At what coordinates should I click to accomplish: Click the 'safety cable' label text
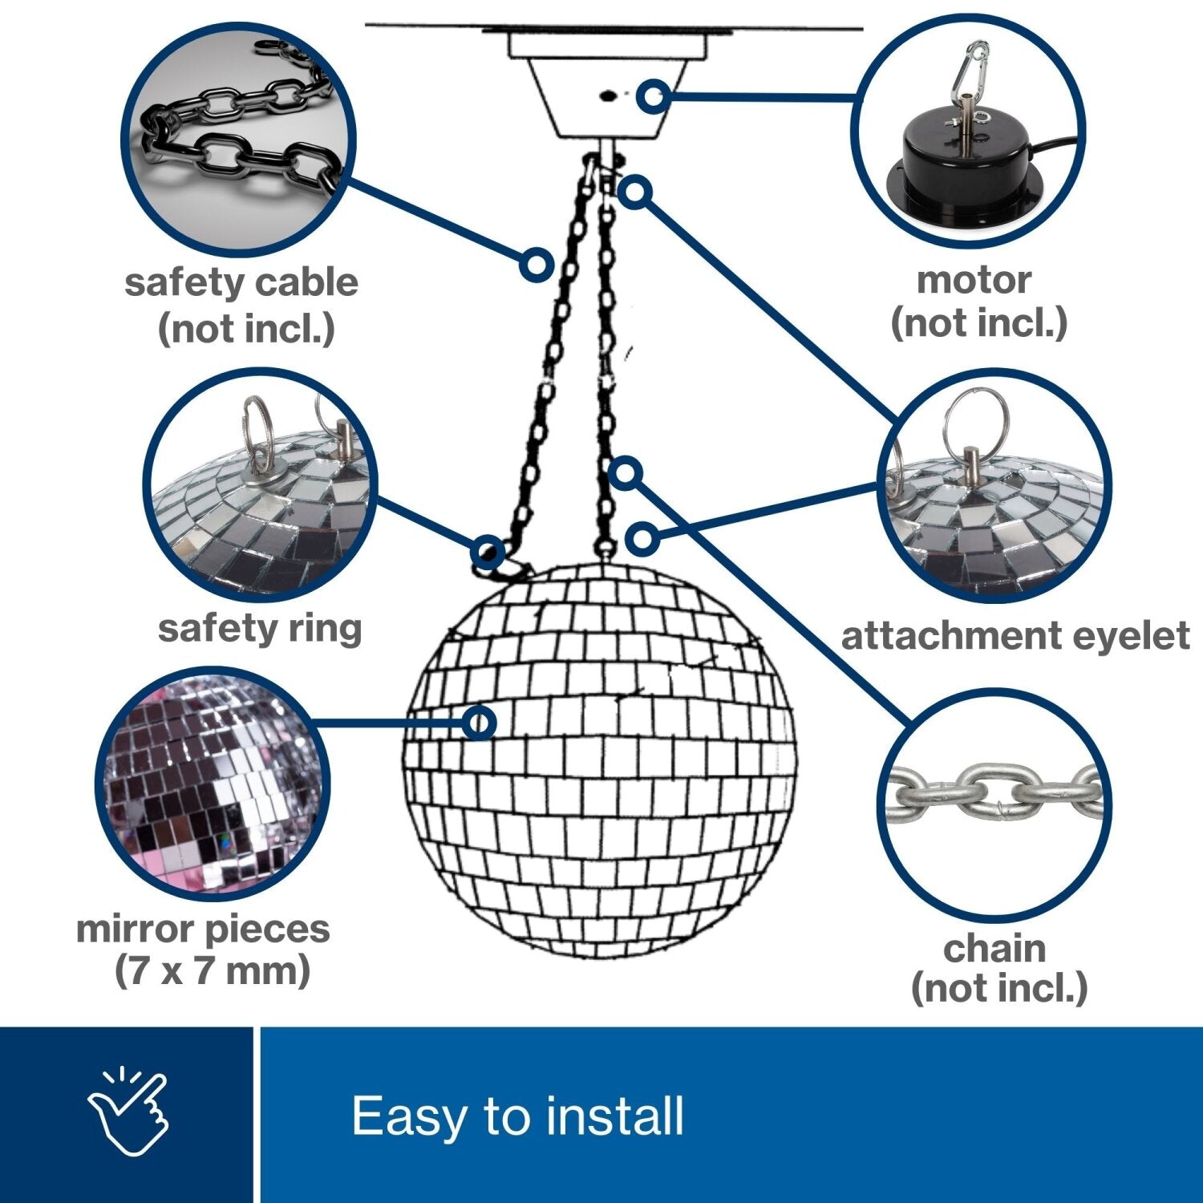pyautogui.click(x=241, y=283)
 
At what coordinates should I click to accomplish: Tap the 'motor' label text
pyautogui.click(x=974, y=280)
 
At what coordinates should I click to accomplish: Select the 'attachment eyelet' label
pyautogui.click(x=1015, y=635)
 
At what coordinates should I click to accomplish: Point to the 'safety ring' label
pyautogui.click(x=260, y=628)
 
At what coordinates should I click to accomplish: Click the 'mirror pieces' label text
pyautogui.click(x=203, y=929)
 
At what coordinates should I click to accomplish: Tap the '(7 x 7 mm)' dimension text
pyautogui.click(x=213, y=971)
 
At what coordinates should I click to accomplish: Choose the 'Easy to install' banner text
pyautogui.click(x=517, y=1116)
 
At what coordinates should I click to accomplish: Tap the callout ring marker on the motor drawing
pyautogui.click(x=654, y=96)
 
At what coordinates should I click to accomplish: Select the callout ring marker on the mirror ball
pyautogui.click(x=479, y=723)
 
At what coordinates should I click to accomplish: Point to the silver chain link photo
pyautogui.click(x=994, y=794)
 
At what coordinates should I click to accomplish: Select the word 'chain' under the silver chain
pyautogui.click(x=994, y=949)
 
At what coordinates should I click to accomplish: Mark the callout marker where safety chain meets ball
pyautogui.click(x=488, y=552)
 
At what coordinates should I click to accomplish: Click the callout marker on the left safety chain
pyautogui.click(x=536, y=263)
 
